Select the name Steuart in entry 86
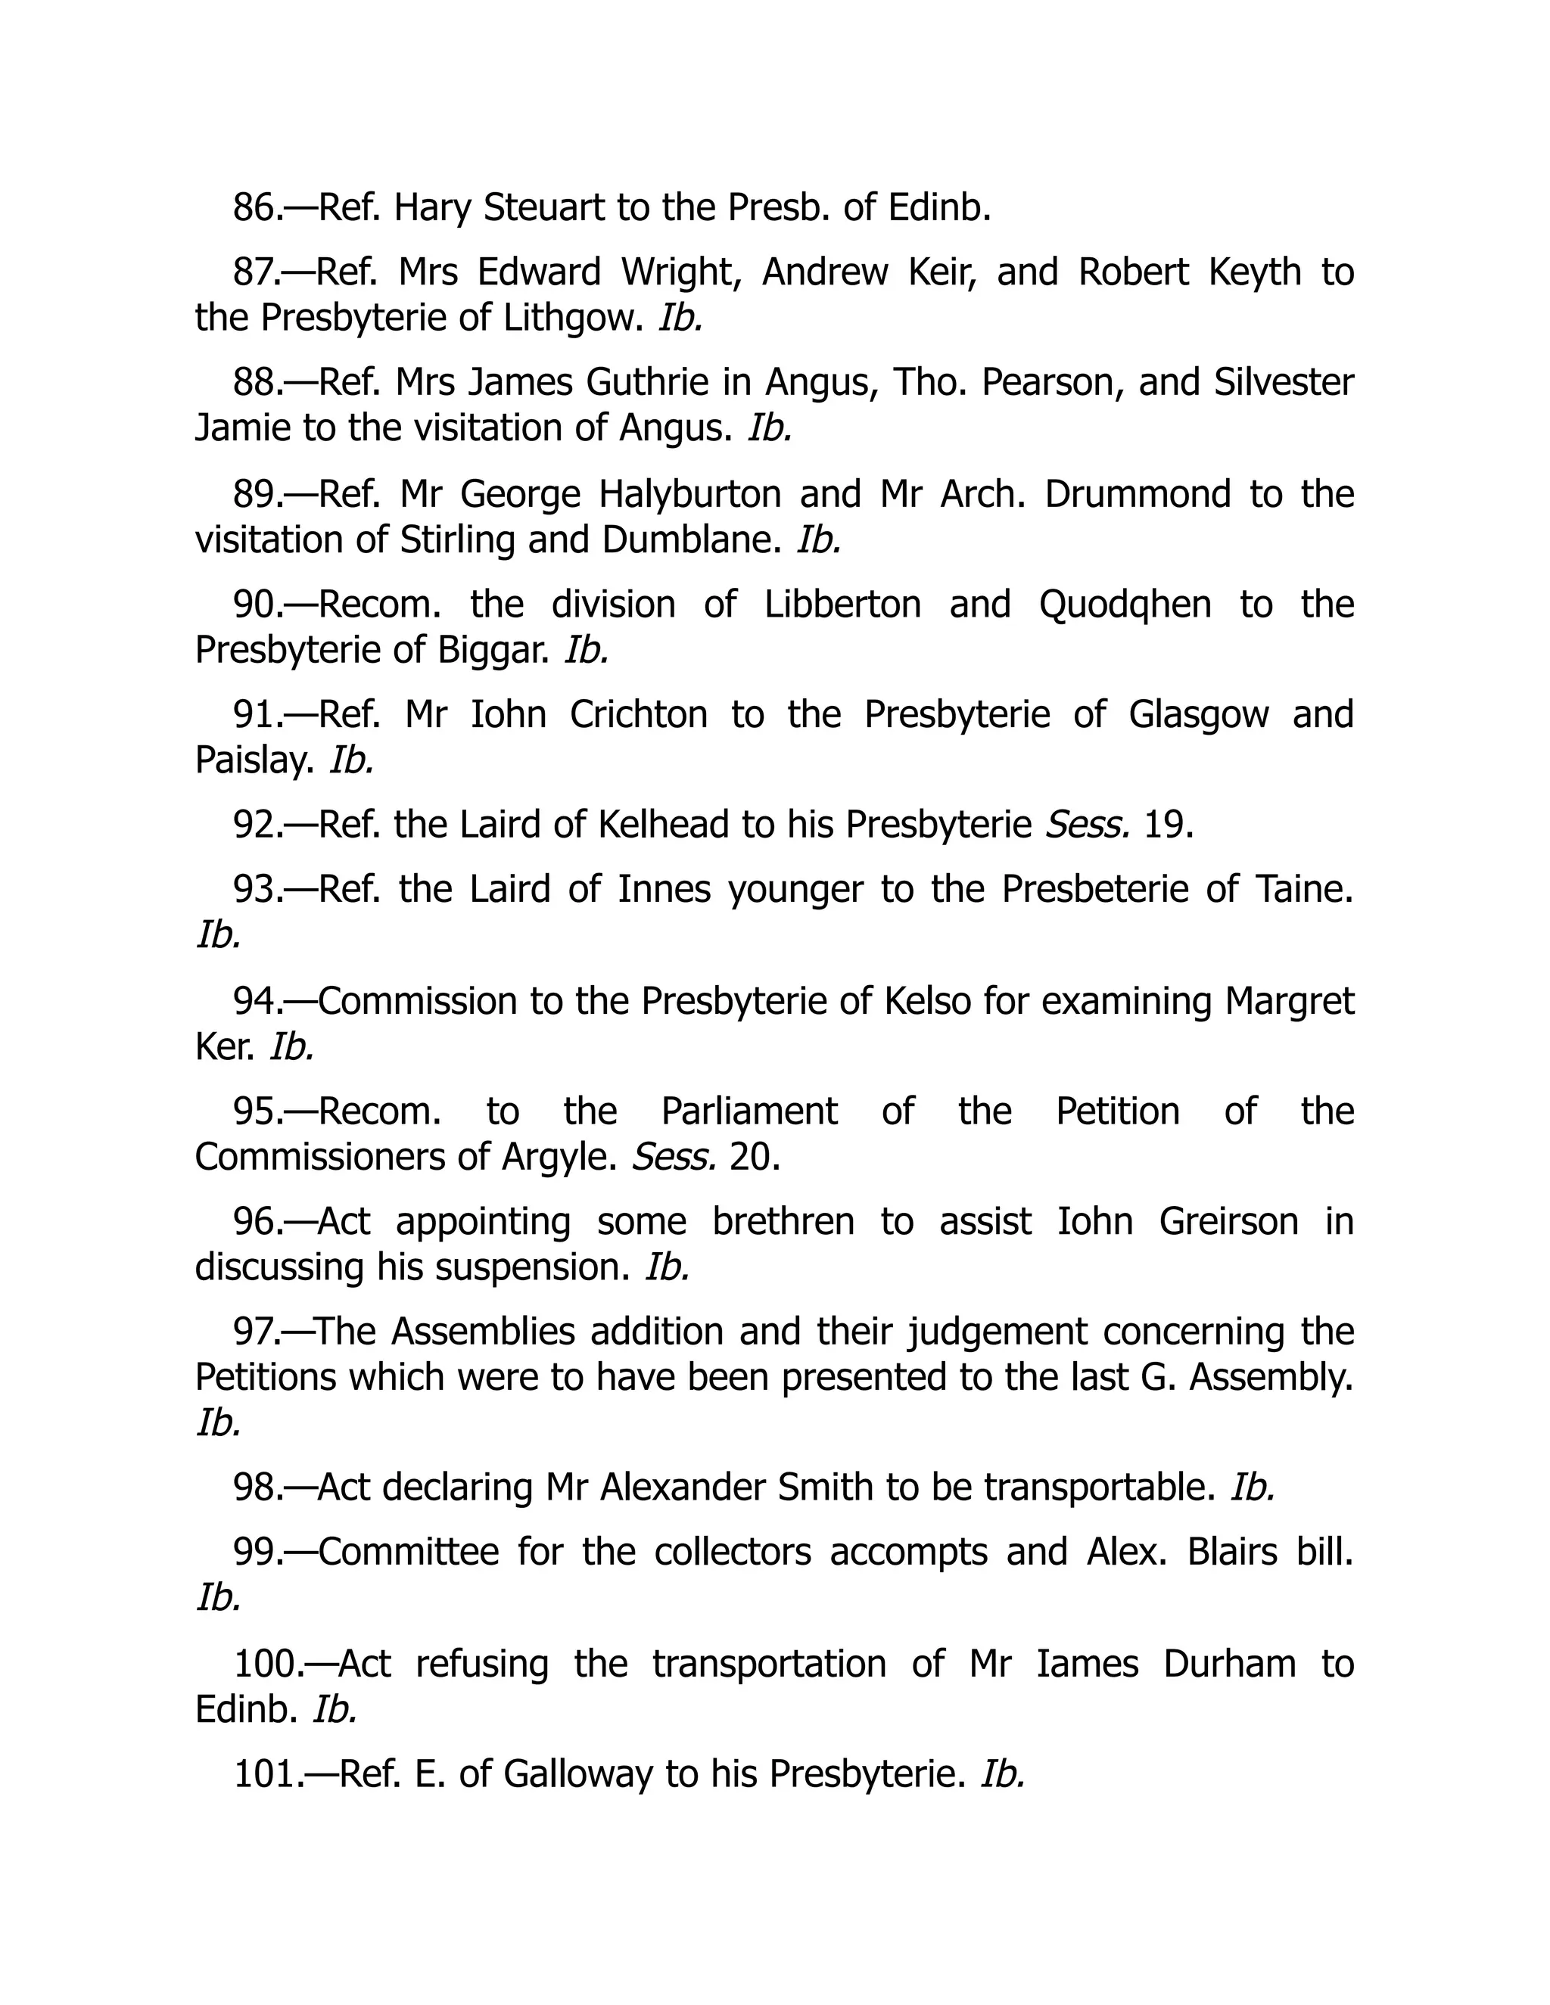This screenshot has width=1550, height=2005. coord(543,207)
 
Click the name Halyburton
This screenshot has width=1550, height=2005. coord(689,494)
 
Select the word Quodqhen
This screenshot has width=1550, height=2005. coord(1125,604)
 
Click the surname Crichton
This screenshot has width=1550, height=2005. coord(638,714)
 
